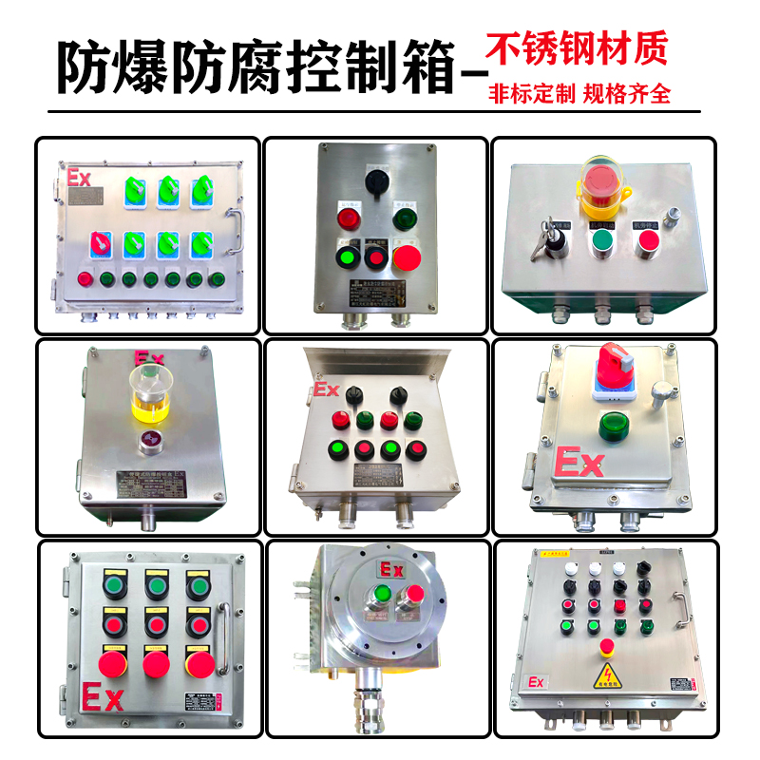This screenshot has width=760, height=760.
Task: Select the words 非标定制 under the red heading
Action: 532,94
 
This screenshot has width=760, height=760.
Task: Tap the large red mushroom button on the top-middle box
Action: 407,257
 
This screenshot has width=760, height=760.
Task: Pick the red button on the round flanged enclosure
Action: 413,597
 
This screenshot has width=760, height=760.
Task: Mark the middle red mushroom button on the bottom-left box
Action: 154,659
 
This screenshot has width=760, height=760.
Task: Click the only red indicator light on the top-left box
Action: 85,279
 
